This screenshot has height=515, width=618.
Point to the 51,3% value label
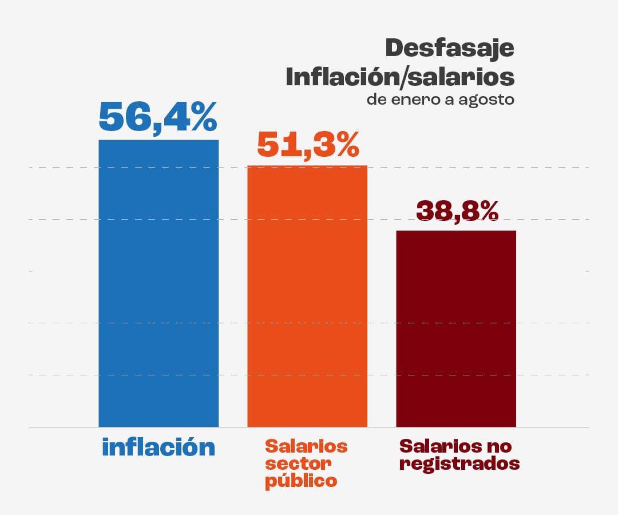tap(308, 144)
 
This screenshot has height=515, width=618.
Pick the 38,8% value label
tap(457, 211)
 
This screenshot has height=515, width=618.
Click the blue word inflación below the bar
tap(159, 447)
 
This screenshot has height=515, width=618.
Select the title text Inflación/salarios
tap(400, 77)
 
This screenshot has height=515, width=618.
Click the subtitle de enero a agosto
tap(441, 100)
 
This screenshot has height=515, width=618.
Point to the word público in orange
tap(301, 481)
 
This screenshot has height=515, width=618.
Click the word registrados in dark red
tap(459, 463)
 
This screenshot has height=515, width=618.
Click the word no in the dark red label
tap(498, 445)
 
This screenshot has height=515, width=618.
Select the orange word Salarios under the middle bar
tap(306, 445)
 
